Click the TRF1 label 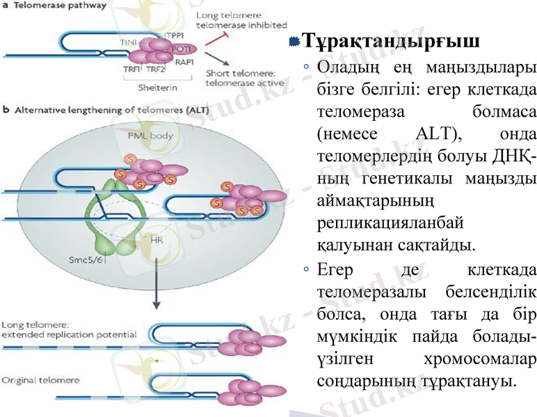[131, 69]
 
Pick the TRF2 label [155, 69]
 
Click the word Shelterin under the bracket [157, 88]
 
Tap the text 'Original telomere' [40, 380]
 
